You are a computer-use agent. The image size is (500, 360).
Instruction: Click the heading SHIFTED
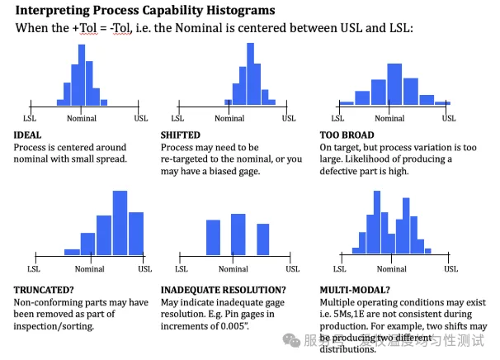coord(180,135)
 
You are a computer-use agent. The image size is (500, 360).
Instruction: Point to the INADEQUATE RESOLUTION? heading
coord(224,290)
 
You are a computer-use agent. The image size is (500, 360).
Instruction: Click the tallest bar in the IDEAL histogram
coord(81,74)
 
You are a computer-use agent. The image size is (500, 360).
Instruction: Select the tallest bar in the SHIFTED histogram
coord(245,74)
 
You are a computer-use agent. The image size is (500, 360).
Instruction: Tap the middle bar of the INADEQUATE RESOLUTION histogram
coord(238,234)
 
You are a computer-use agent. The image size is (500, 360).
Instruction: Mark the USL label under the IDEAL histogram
coord(142,119)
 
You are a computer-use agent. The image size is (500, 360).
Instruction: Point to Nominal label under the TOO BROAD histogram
coord(394,119)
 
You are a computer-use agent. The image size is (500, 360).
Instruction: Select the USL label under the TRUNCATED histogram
coord(144,268)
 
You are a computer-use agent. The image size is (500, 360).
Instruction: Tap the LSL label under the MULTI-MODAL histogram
coord(337,268)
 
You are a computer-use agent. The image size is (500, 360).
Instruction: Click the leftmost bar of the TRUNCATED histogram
coord(72,251)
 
